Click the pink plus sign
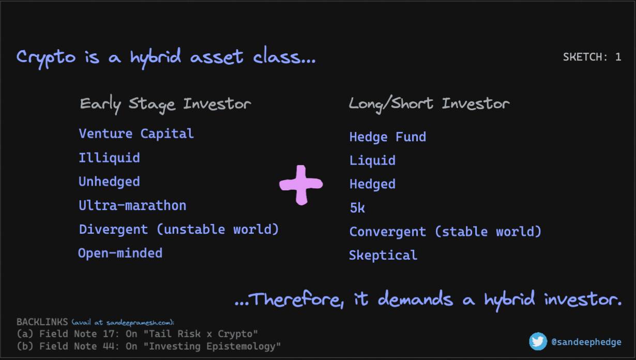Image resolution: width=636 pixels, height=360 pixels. [x=301, y=185]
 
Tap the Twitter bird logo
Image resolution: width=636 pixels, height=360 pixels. [x=538, y=341]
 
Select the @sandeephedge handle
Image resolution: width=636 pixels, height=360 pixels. [x=586, y=342]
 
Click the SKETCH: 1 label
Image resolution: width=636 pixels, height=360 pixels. [x=592, y=57]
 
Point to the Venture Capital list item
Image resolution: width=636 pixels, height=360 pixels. [x=137, y=133]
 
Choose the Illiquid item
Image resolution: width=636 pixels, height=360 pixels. [x=109, y=158]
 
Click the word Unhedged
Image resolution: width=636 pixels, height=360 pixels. [x=109, y=182]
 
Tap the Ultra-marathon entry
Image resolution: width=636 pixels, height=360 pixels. [x=132, y=205]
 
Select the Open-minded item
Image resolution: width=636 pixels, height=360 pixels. [x=120, y=253]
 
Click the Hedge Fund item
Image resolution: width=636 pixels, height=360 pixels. [x=388, y=137]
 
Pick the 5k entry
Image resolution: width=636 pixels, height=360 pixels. [x=357, y=208]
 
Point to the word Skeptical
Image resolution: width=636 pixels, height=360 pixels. [x=383, y=255]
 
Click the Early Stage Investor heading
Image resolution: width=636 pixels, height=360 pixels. [x=165, y=104]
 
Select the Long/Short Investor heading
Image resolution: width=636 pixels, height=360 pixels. [x=429, y=104]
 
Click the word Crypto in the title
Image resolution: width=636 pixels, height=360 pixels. [x=46, y=57]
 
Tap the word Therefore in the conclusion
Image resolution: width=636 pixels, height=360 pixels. [x=297, y=300]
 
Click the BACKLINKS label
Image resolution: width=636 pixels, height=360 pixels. [x=42, y=322]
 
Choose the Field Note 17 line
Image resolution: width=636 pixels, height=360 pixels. [x=137, y=334]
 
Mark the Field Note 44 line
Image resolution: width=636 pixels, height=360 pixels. [x=148, y=347]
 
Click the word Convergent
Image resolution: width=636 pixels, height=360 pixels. [x=388, y=232]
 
